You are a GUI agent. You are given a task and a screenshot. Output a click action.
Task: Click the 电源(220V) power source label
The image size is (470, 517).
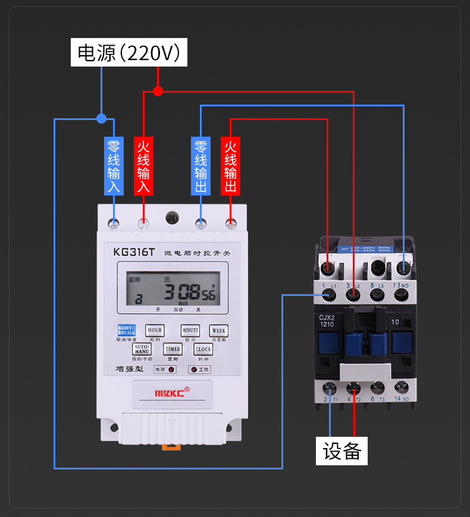pos(129,53)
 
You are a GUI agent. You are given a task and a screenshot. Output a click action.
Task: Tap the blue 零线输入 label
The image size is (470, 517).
pos(113,166)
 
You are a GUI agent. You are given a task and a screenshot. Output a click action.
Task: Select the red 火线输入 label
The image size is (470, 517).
pos(143,166)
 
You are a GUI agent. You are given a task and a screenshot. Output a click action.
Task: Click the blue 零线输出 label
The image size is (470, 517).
pos(200,166)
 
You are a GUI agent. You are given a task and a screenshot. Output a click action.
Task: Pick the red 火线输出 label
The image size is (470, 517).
pos(230,166)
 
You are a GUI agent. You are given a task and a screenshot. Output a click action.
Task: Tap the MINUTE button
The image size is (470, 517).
pos(190,330)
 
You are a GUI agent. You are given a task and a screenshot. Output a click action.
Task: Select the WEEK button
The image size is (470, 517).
pos(219,330)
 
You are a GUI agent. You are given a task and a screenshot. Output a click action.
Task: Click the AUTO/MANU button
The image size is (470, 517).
pos(142,349)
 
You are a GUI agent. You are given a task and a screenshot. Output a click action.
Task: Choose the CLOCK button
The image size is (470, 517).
pos(203,349)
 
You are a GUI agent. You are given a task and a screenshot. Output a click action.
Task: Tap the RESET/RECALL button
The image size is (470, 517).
pos(126,330)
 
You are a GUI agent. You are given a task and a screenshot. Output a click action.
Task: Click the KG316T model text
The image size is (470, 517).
pos(134,252)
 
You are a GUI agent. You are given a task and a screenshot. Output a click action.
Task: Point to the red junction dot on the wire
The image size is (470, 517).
pos(158,91)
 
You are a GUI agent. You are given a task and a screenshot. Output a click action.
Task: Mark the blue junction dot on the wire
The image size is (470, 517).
pos(101,118)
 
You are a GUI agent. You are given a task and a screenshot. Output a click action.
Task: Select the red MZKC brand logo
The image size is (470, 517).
pos(172,392)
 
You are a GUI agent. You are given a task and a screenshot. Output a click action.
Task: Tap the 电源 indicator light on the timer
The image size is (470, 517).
pos(171,370)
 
